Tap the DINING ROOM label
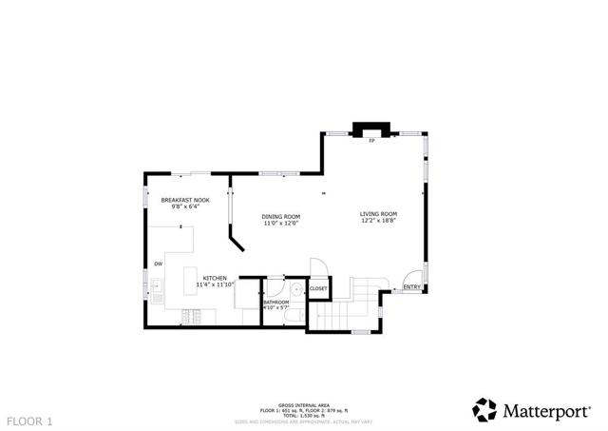(x=281, y=216)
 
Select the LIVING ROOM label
(x=378, y=214)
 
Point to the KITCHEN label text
(x=215, y=278)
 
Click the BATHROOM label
(x=276, y=303)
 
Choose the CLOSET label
(x=318, y=288)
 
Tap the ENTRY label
(x=411, y=287)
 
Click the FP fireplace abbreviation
(x=373, y=141)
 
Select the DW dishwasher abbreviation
(x=159, y=264)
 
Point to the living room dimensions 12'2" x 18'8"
(x=378, y=222)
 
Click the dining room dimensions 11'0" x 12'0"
(x=281, y=224)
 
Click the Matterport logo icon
(x=485, y=409)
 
